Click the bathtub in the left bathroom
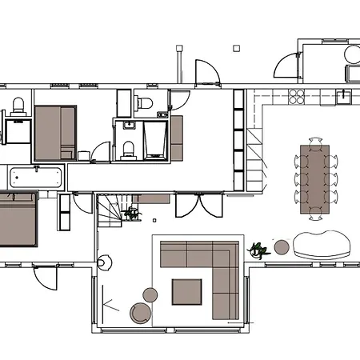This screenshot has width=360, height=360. pyautogui.click(x=36, y=178)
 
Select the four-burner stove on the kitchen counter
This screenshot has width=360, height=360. pyautogui.click(x=296, y=97)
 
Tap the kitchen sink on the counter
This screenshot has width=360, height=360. pyautogui.click(x=344, y=96)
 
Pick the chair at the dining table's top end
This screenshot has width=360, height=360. pyautogui.click(x=315, y=141)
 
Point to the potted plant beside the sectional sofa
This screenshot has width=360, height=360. pyautogui.click(x=258, y=250)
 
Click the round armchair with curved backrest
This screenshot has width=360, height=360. pyautogui.click(x=141, y=312)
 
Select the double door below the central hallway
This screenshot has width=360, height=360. pyautogui.click(x=199, y=206)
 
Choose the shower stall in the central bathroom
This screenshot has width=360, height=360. pyautogui.click(x=154, y=141)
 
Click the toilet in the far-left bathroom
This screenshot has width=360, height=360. pyautogui.click(x=18, y=105)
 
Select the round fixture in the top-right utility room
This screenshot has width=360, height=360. pyautogui.click(x=352, y=54)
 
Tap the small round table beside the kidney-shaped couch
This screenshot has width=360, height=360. pyautogui.click(x=281, y=246)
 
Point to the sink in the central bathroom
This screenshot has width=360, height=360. pyautogui.click(x=128, y=126)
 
